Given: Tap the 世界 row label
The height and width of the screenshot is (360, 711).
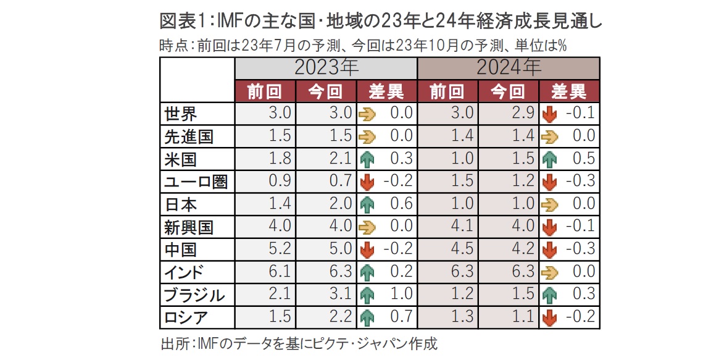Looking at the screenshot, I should [x=180, y=114].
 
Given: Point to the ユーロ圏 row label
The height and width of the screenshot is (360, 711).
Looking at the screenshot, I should [x=196, y=182].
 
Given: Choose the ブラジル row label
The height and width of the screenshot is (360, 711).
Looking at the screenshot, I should [x=194, y=295].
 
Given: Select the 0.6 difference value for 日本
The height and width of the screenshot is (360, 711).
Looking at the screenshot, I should [x=401, y=204].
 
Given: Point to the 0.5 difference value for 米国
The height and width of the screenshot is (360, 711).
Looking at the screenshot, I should [x=583, y=159].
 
